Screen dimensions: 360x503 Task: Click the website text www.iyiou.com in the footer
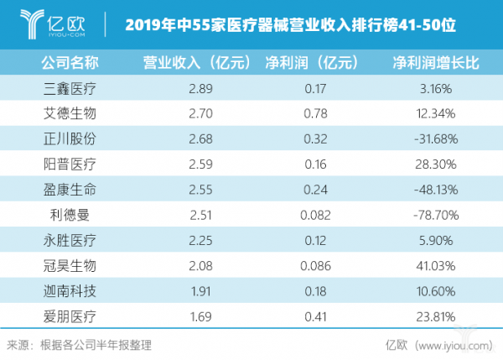(x=454, y=344)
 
